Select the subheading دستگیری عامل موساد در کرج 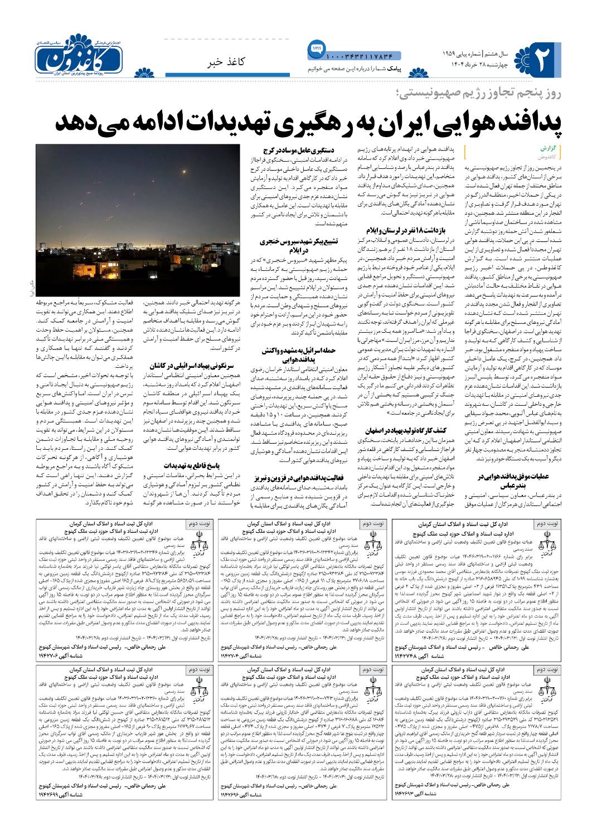click(x=293, y=150)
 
